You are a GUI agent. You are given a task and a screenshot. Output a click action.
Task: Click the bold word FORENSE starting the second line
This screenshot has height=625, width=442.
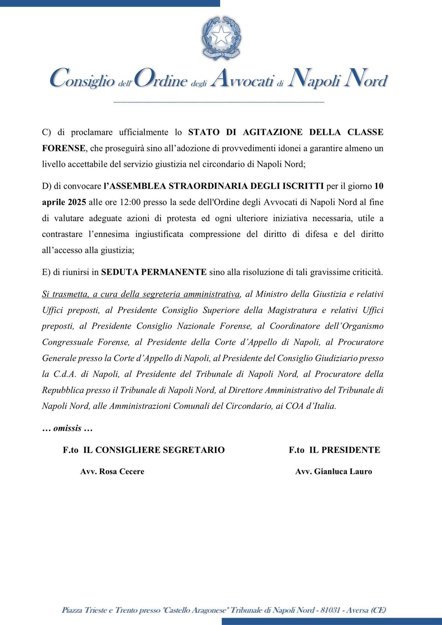pos(64,148)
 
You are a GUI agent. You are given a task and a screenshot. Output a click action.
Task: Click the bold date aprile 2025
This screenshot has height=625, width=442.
pos(64,202)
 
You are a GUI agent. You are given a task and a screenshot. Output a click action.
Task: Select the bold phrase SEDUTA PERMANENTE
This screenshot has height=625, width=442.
pos(153,272)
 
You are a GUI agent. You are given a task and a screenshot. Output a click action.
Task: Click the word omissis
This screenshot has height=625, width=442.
pos(67,428)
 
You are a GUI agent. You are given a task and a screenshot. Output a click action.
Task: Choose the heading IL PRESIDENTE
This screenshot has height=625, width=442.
pos(345,450)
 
